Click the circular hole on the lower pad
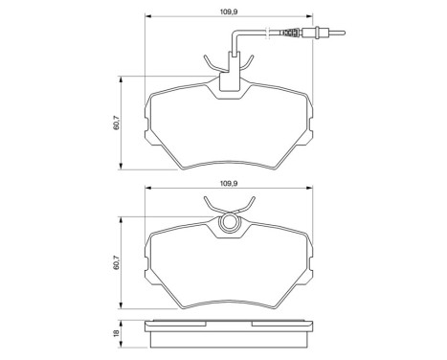coord(230,225)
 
